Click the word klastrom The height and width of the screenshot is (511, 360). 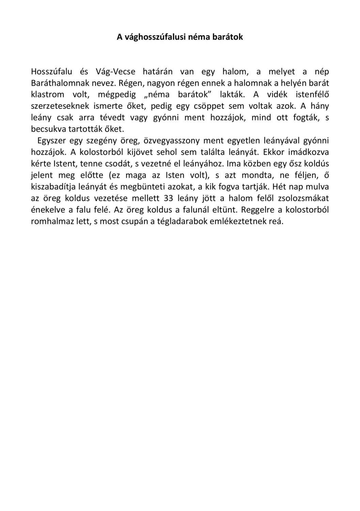coord(47,95)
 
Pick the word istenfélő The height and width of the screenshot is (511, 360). coord(312,95)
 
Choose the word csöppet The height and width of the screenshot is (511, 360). coord(209,106)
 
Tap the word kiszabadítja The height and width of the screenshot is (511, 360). coord(55,187)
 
